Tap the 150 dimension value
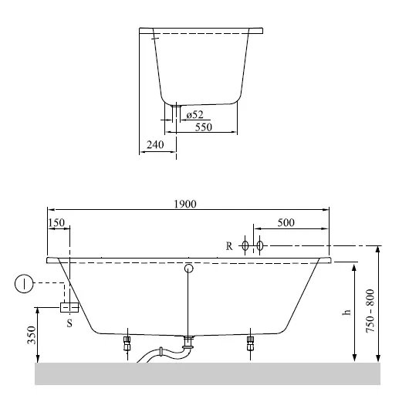coord(56,222)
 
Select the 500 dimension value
coord(286,222)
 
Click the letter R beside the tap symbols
coord(229,246)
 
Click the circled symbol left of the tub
coord(25,285)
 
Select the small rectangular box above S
coord(69,307)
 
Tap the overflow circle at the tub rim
coord(188,269)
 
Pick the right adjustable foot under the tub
coord(249,343)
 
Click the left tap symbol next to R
coord(245,246)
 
